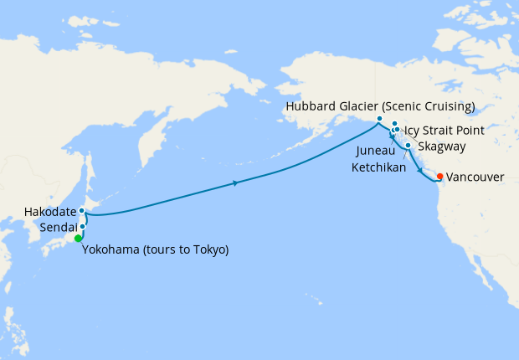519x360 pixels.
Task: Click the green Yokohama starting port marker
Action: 79,239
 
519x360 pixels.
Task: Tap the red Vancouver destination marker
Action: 440,176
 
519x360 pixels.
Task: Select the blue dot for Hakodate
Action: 82,211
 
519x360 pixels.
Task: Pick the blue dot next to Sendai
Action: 83,226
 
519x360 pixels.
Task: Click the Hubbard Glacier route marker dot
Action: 380,119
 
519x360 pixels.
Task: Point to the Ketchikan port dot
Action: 408,146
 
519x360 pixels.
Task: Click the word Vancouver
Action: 475,177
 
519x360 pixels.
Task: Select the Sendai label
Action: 58,227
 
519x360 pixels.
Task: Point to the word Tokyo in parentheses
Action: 209,249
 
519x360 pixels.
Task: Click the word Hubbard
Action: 311,106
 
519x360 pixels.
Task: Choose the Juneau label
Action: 373,152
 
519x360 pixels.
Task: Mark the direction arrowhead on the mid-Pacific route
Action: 237,183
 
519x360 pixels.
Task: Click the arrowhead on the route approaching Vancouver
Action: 419,168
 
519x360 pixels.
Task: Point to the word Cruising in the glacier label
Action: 448,106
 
